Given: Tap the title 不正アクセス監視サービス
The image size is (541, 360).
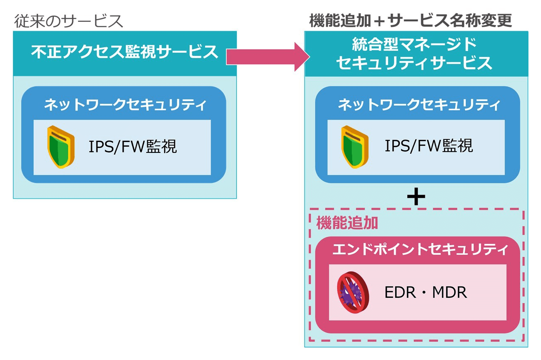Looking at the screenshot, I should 125,53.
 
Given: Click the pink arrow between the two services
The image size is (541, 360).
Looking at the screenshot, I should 267,56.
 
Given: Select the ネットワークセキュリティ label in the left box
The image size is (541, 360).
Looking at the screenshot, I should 125,105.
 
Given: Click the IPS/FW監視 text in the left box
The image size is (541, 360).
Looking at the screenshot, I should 132,147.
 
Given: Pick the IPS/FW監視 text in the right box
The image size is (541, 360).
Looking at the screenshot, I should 429,146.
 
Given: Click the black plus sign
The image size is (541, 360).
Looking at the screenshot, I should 416,197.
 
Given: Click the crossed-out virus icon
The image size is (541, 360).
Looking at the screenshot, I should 353,292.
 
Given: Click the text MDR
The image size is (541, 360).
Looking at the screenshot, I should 450,292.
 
